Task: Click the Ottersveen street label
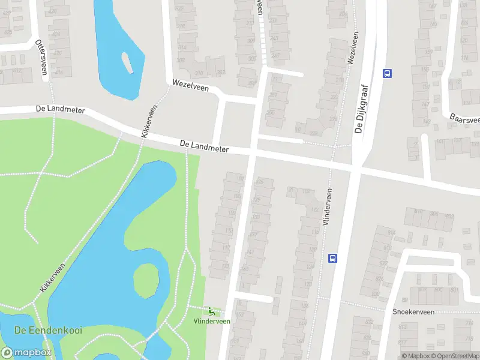click(x=41, y=57)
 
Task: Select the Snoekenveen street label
click(x=413, y=312)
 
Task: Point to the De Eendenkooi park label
click(x=48, y=331)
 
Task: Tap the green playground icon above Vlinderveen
click(x=211, y=311)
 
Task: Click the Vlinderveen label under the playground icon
click(x=211, y=321)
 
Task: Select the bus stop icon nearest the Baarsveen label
click(x=387, y=73)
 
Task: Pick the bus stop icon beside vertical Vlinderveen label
click(x=332, y=258)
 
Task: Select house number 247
click(x=275, y=56)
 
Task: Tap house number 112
click(x=314, y=210)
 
